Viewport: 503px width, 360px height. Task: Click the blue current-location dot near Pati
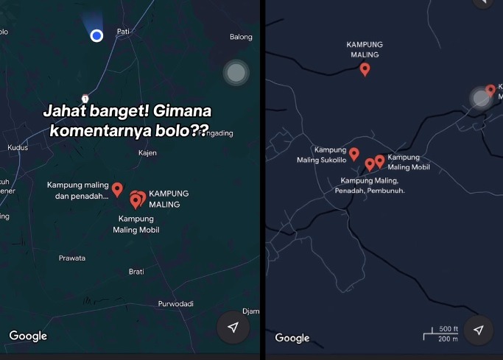pyautogui.click(x=96, y=35)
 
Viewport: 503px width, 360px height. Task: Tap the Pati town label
pyautogui.click(x=123, y=32)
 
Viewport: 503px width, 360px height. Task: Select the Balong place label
pyautogui.click(x=241, y=37)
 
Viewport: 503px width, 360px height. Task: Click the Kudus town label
pyautogui.click(x=17, y=147)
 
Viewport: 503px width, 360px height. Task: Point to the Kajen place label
pyautogui.click(x=147, y=153)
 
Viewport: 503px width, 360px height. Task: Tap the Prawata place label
pyautogui.click(x=72, y=258)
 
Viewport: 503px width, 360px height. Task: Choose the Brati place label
pyautogui.click(x=136, y=271)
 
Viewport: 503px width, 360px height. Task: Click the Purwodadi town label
pyautogui.click(x=175, y=304)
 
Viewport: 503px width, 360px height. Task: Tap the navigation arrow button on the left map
pyautogui.click(x=233, y=328)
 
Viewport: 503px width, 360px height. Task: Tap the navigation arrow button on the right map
pyautogui.click(x=478, y=331)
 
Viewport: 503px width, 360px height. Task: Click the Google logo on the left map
pyautogui.click(x=28, y=336)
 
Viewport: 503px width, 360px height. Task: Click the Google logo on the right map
pyautogui.click(x=292, y=338)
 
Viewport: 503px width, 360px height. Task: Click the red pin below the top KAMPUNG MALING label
pyautogui.click(x=365, y=69)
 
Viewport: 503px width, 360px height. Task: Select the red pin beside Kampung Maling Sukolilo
pyautogui.click(x=353, y=154)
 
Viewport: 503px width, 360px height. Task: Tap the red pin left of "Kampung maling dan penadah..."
pyautogui.click(x=117, y=188)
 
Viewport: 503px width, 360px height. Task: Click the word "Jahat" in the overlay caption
pyautogui.click(x=61, y=111)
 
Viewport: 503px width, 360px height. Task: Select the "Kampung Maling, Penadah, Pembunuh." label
pyautogui.click(x=370, y=186)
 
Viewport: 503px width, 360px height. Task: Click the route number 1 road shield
pyautogui.click(x=85, y=99)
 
